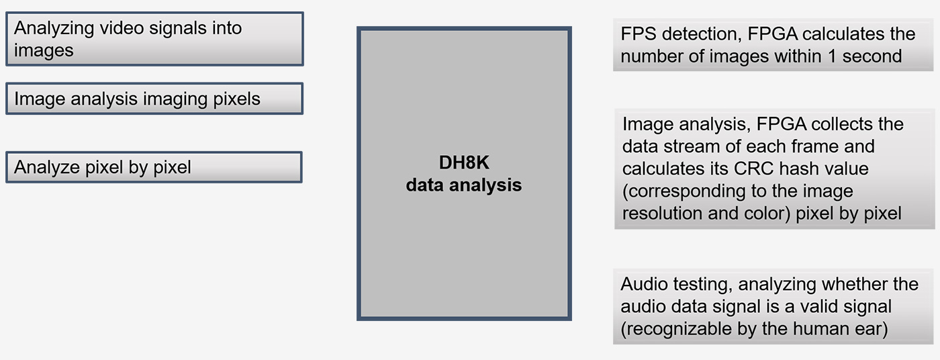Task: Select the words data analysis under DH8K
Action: pos(463,185)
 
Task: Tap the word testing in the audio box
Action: pos(700,284)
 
